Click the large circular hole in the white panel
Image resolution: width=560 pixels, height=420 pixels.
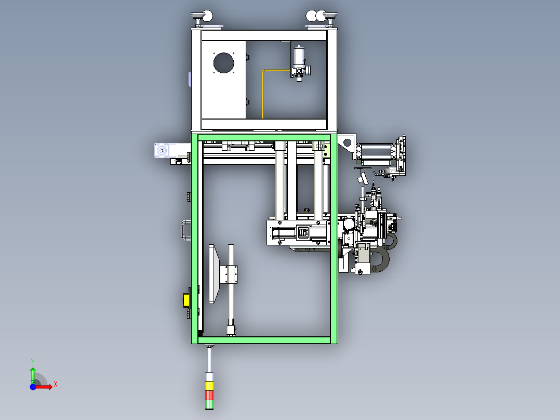pyautogui.click(x=223, y=63)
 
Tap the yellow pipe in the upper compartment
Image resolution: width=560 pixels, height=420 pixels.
pyautogui.click(x=263, y=94)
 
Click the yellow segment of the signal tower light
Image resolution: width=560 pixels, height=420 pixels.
pyautogui.click(x=209, y=386)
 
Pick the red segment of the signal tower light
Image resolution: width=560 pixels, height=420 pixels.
pyautogui.click(x=209, y=395)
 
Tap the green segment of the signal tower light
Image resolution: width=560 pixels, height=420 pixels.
pyautogui.click(x=209, y=404)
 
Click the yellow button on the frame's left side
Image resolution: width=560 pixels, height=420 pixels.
pyautogui.click(x=186, y=300)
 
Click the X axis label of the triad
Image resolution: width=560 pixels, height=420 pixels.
pyautogui.click(x=56, y=385)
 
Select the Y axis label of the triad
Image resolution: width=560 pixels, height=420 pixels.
pyautogui.click(x=33, y=361)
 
